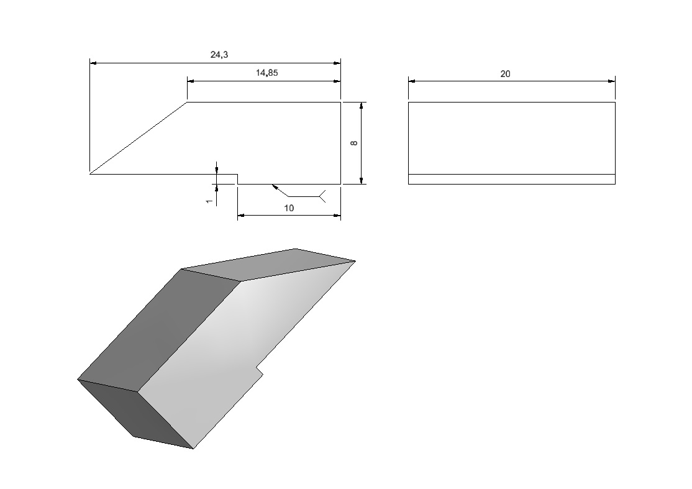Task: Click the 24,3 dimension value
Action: tap(219, 55)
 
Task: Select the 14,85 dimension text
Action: tap(267, 73)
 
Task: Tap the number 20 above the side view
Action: tap(505, 74)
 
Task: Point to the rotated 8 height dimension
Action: tap(353, 143)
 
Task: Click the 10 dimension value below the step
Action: tap(289, 208)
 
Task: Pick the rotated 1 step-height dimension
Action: tap(209, 201)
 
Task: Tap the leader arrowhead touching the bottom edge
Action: tap(275, 187)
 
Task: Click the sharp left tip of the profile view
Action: tap(90, 173)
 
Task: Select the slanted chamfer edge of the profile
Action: tap(139, 138)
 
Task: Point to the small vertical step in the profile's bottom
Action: tap(238, 179)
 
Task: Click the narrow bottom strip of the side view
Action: tap(511, 179)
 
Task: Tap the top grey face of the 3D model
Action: tap(269, 264)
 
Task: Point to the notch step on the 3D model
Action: tap(260, 370)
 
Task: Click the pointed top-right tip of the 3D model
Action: tap(355, 261)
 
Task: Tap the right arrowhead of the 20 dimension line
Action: tap(611, 81)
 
